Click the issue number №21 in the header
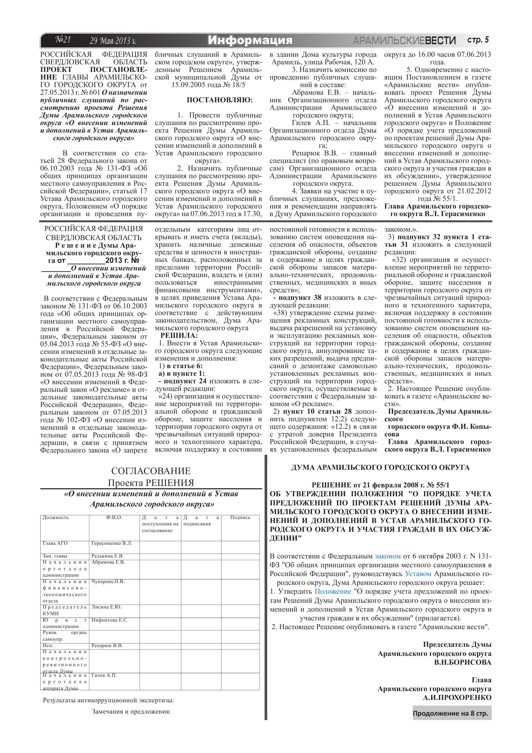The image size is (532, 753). coord(63,40)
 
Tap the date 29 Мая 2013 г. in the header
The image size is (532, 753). coord(113,41)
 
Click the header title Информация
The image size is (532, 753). coord(250,40)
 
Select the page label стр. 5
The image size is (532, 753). coord(478,40)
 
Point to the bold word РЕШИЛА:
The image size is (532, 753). coord(179,335)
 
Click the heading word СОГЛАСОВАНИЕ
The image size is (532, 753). coord(151,471)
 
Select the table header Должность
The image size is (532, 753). coord(56,517)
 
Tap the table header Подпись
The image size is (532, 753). coord(240,517)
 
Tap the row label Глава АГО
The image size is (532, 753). coord(55,543)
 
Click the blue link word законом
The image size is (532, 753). coord(388,556)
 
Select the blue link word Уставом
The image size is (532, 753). coord(418,574)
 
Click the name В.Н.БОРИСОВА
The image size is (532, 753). coord(463,662)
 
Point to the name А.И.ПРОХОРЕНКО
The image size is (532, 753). coord(457,697)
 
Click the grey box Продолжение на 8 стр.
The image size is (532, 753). coord(450,713)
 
